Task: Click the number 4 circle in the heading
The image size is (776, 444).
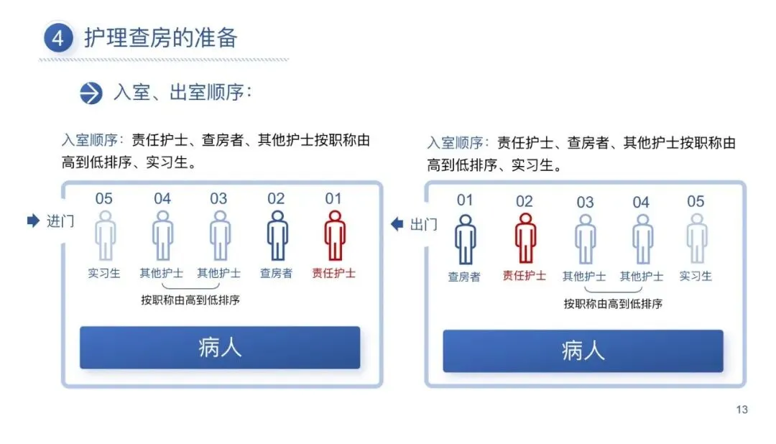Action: point(57,38)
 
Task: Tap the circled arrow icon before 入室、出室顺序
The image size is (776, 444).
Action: point(91,93)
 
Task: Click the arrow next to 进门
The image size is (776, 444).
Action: point(32,221)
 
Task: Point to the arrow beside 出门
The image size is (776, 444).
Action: point(397,224)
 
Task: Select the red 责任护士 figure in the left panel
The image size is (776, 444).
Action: point(334,236)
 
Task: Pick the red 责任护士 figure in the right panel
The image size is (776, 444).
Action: point(525,239)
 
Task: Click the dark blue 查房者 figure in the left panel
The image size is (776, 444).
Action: point(277,236)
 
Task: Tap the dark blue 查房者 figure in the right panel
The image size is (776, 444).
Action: point(465,239)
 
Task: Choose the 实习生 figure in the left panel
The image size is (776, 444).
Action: point(105,236)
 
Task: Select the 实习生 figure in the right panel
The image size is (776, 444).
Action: point(696,239)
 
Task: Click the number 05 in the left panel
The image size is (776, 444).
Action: point(104,199)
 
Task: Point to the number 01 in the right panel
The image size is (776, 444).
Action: point(465,200)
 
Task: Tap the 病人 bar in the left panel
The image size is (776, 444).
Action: point(219,348)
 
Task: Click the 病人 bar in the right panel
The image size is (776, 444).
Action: point(583,351)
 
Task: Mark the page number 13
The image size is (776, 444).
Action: point(742,410)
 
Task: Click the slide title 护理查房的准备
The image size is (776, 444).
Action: point(160,37)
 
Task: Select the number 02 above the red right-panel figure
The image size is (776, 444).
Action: point(525,201)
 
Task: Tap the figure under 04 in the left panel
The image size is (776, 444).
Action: point(162,236)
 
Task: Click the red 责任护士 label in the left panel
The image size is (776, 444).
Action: point(334,274)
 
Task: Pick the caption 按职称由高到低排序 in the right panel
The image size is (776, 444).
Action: point(613,304)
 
